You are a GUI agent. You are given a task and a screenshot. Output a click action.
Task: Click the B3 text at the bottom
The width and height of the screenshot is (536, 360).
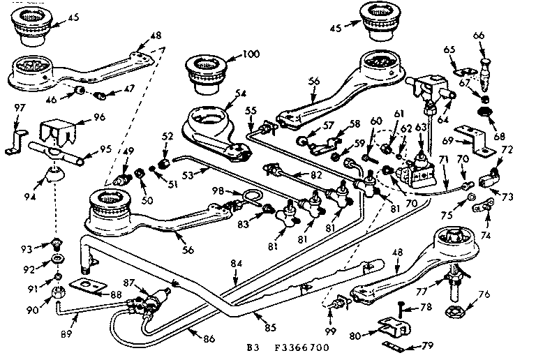[253, 347]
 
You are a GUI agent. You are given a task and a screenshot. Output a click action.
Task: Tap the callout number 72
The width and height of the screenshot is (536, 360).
[507, 150]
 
